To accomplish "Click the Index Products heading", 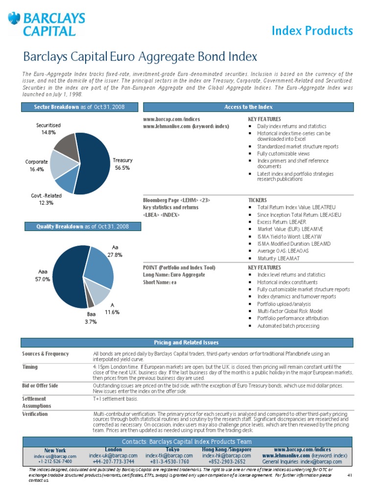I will tap(312, 31).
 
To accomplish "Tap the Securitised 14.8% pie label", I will tap(48, 129).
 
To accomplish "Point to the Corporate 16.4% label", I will tap(36, 165).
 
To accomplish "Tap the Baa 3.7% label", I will tap(91, 318).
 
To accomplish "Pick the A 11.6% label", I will tap(112, 308).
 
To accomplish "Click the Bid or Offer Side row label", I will tap(40, 386).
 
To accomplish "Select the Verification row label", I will tap(35, 414).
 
